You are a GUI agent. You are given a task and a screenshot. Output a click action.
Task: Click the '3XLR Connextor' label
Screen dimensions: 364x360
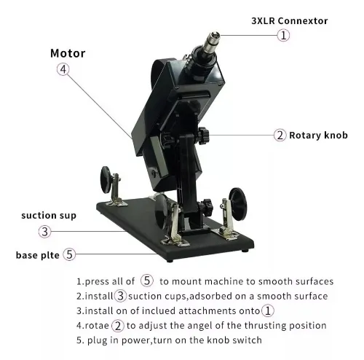[x=290, y=21]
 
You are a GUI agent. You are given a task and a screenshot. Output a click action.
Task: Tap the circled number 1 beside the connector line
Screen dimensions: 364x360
[x=283, y=35]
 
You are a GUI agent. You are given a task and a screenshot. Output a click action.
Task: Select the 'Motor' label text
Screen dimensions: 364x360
[x=68, y=53]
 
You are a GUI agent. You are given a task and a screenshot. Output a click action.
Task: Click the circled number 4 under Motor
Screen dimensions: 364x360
[x=63, y=69]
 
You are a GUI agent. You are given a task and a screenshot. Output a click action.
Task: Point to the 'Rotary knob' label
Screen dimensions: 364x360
[x=318, y=136]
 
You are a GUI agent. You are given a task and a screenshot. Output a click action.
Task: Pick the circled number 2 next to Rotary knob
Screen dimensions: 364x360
[x=280, y=135]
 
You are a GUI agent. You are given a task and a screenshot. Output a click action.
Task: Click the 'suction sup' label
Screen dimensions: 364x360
[x=49, y=216]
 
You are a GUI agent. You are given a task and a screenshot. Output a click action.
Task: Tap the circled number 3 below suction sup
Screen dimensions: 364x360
[x=45, y=232]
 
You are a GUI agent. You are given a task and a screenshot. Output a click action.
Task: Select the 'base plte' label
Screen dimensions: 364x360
[x=38, y=255]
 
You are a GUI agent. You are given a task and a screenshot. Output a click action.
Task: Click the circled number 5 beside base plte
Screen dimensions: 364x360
[x=69, y=254]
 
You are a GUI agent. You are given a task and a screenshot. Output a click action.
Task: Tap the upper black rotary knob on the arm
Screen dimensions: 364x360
[x=203, y=136]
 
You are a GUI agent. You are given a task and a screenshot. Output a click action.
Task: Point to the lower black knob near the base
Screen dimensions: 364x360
[x=207, y=208]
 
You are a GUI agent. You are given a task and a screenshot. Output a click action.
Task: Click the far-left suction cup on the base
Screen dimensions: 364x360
[x=106, y=180]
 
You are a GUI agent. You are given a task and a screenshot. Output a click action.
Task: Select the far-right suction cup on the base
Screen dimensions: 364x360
[x=238, y=203]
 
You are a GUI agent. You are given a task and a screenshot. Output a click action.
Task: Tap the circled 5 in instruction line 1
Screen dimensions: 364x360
[x=147, y=281]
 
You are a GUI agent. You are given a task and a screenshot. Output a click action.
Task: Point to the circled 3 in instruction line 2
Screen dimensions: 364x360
[x=120, y=296]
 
